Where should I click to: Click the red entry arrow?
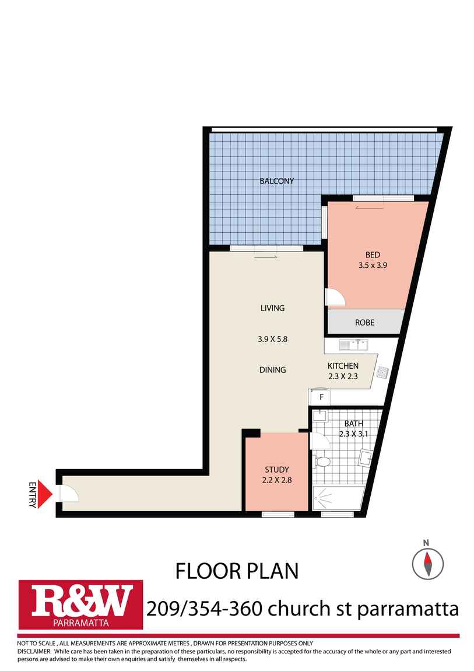[x=44, y=494]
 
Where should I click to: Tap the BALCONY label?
[x=276, y=181]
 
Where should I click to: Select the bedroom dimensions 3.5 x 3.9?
[x=373, y=265]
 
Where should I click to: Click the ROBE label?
[x=364, y=323]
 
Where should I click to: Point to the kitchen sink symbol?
[x=353, y=344]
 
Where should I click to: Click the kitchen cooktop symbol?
[x=382, y=372]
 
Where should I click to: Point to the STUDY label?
[x=276, y=470]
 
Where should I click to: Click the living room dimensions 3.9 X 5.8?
[x=272, y=339]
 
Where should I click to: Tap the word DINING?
[x=272, y=370]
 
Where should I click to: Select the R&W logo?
[x=81, y=604]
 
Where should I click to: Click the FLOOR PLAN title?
[x=237, y=571]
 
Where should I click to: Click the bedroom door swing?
[x=335, y=296]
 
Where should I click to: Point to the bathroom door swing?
[x=320, y=441]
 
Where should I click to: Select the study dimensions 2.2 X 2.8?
[x=276, y=480]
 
